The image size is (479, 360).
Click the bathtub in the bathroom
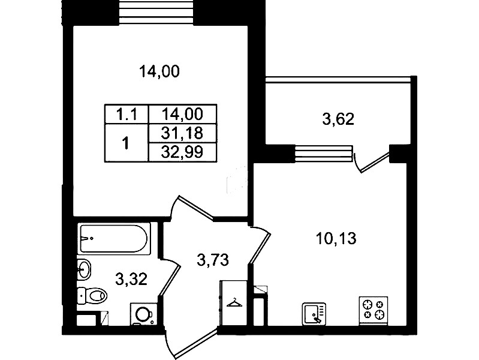(x=115, y=238)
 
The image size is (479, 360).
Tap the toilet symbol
(x=92, y=296)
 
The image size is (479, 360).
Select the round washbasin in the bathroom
(x=84, y=269)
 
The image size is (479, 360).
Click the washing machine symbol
(x=144, y=314)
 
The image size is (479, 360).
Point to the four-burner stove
(x=373, y=310)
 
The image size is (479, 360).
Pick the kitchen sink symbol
(x=314, y=314)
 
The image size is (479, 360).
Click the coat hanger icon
(x=234, y=303)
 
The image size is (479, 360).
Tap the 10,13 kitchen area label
(x=336, y=239)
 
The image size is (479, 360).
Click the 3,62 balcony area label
(x=338, y=119)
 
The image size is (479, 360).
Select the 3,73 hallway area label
(x=213, y=260)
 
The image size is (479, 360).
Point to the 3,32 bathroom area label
(x=131, y=279)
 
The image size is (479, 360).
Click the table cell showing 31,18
(x=182, y=133)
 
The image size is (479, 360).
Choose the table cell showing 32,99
(x=182, y=152)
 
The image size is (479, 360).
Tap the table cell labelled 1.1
(x=126, y=115)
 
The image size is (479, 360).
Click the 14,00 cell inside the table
(x=182, y=115)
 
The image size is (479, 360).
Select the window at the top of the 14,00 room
(x=156, y=12)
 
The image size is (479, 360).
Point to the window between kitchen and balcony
(x=324, y=152)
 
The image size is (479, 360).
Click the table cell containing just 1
(x=126, y=143)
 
